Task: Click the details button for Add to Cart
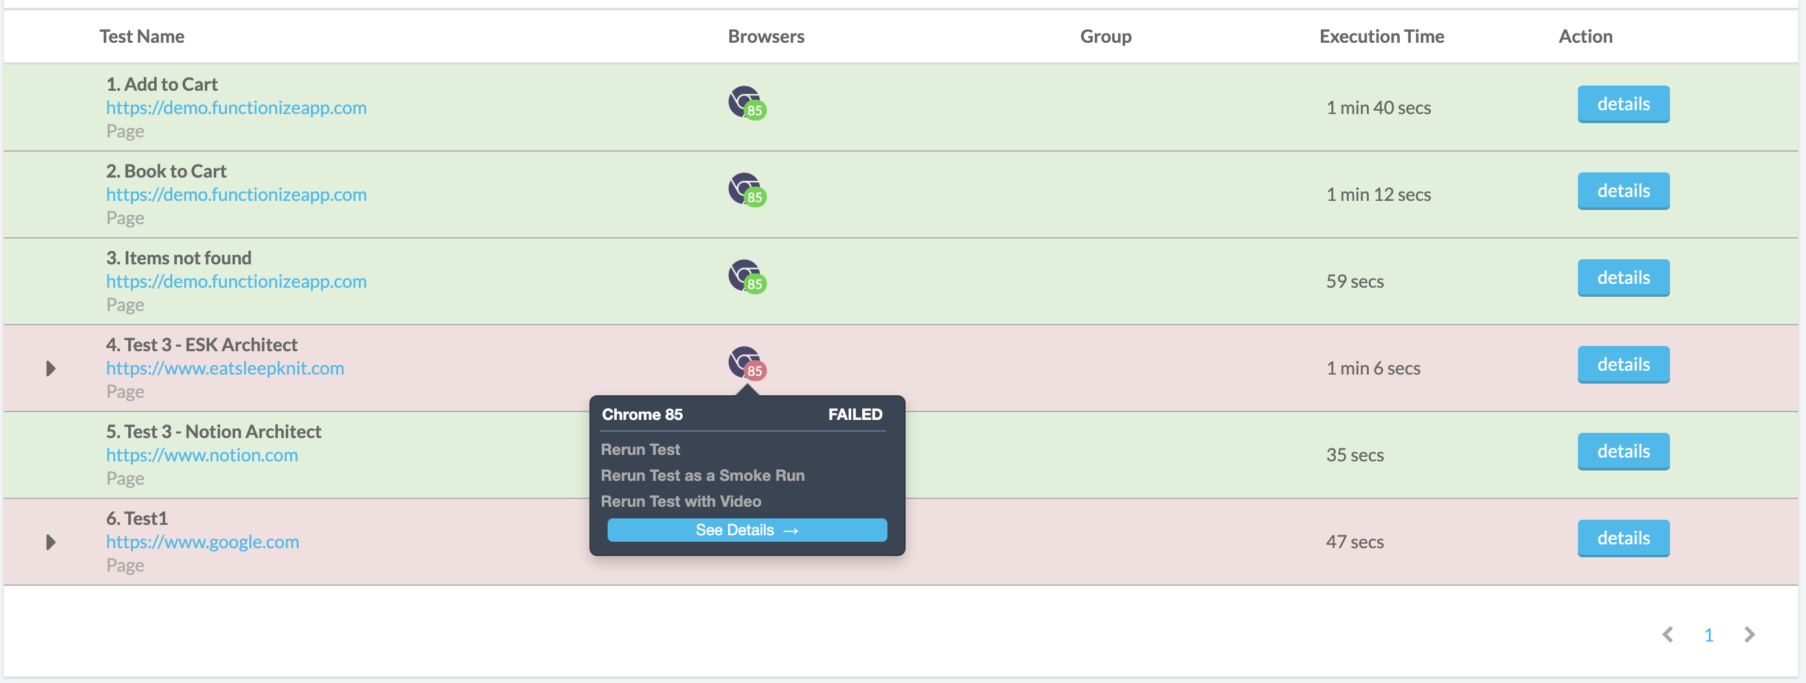1623,104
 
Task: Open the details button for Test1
1623,538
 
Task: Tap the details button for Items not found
1623,279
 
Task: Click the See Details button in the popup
747,530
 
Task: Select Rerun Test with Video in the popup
681,502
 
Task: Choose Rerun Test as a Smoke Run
702,476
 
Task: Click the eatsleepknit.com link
225,368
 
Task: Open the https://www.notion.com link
202,455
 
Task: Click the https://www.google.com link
203,542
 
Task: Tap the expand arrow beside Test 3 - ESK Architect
51,369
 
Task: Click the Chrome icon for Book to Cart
744,188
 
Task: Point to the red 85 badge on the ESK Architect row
755,371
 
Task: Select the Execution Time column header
1381,36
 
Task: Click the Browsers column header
766,36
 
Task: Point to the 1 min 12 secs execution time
1378,194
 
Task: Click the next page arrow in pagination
1750,634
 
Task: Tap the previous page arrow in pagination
1668,634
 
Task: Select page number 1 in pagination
1709,635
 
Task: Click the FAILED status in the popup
855,415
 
